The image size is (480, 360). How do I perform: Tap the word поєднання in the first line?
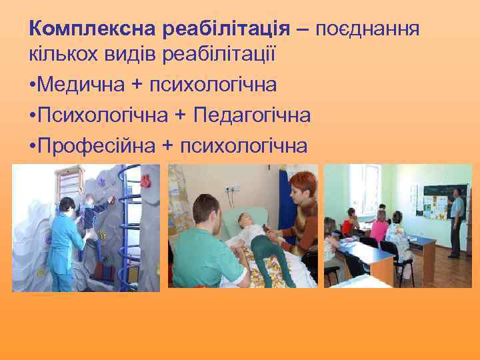pyautogui.click(x=367, y=30)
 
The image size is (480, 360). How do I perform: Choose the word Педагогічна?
pyautogui.click(x=252, y=115)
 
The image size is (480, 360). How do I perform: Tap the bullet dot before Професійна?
pyautogui.click(x=33, y=145)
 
